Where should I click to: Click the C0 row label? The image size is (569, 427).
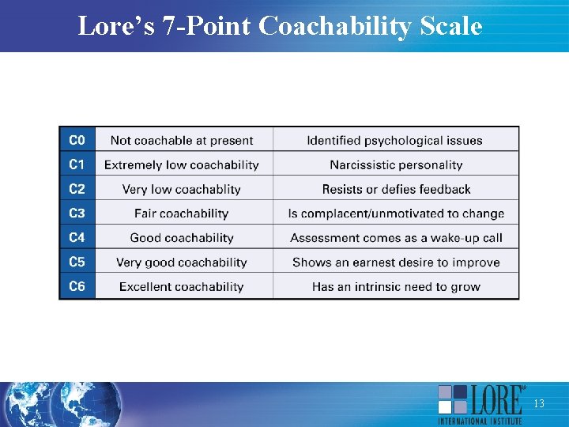click(x=77, y=140)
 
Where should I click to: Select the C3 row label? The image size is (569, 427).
click(x=77, y=213)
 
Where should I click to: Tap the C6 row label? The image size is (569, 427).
click(x=77, y=286)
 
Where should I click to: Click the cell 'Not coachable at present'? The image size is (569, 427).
click(x=182, y=141)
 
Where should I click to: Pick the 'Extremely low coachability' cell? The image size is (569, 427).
click(x=182, y=165)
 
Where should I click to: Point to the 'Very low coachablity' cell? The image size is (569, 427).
click(x=182, y=190)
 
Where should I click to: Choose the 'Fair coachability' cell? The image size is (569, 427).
click(x=182, y=213)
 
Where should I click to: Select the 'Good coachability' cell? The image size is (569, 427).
click(x=182, y=238)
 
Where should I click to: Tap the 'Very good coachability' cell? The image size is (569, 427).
click(x=182, y=263)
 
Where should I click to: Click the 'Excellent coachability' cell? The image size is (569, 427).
click(x=182, y=287)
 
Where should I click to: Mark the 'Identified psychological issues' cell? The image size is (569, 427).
click(x=395, y=141)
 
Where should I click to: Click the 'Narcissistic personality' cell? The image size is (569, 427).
click(x=396, y=165)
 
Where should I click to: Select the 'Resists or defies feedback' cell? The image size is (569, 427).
click(x=396, y=190)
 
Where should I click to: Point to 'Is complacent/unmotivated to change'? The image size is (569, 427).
click(x=396, y=213)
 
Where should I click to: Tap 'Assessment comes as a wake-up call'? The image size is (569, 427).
click(x=396, y=238)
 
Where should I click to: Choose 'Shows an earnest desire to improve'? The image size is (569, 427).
click(x=396, y=263)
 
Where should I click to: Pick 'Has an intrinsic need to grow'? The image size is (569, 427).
click(x=396, y=287)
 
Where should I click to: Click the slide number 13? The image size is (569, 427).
click(x=539, y=404)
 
